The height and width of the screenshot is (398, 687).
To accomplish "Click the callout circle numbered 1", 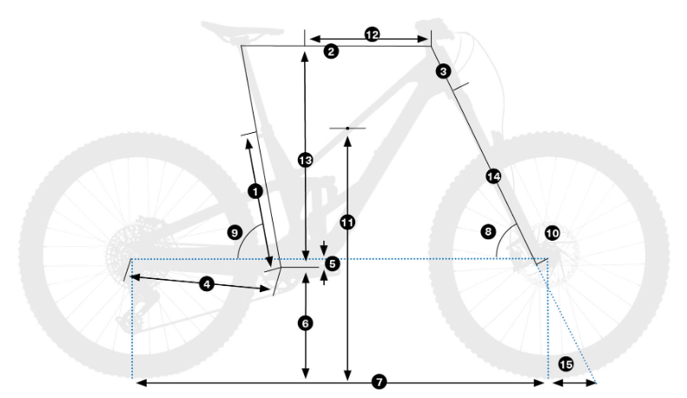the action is click(x=255, y=191).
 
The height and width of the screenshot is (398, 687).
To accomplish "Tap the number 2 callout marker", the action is click(x=331, y=51).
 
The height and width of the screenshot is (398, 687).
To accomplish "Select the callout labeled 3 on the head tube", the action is click(x=444, y=71).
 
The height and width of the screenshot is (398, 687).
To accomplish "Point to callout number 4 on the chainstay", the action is click(x=207, y=284).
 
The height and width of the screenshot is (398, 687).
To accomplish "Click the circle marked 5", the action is click(x=333, y=264).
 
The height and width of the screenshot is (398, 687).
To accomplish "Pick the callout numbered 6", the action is click(x=306, y=323).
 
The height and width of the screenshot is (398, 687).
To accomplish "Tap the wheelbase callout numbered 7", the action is click(x=380, y=382).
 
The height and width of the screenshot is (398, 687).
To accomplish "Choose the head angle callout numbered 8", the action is click(x=488, y=231).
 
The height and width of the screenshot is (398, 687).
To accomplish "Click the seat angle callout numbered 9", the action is click(x=235, y=232).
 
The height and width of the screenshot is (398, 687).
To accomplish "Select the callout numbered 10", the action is click(x=552, y=233).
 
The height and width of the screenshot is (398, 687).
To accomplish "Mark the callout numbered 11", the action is click(x=347, y=222).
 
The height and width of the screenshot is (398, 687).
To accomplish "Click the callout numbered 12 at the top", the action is click(x=372, y=34).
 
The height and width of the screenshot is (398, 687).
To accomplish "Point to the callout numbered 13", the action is click(x=306, y=160).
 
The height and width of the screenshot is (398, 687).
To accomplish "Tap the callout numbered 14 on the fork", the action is click(x=493, y=176).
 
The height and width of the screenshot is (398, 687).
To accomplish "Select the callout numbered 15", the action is click(x=565, y=364).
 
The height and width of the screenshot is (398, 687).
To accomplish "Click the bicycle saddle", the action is click(x=241, y=30).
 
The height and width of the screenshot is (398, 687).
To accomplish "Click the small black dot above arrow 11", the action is click(x=347, y=129).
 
